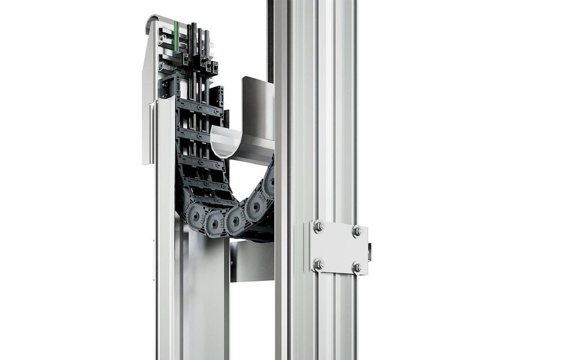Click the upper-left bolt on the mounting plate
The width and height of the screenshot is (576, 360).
[319, 227]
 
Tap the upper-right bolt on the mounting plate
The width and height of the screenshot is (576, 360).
[357, 230]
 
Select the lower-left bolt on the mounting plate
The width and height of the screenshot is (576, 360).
[319, 264]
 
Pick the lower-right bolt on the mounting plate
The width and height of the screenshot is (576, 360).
[357, 268]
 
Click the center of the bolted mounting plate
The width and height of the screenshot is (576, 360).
[338, 247]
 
